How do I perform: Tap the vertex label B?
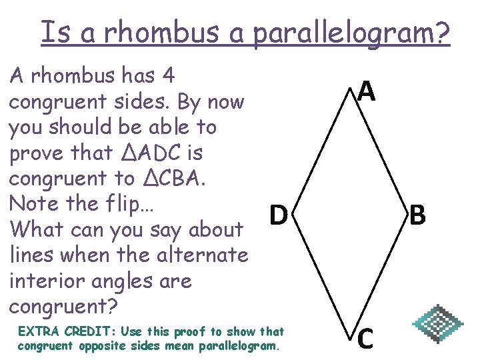coord(418,215)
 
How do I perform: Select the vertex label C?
coord(365,338)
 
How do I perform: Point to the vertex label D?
coord(279,215)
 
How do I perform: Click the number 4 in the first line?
coord(168,76)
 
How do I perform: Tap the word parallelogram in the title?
coord(352,33)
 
